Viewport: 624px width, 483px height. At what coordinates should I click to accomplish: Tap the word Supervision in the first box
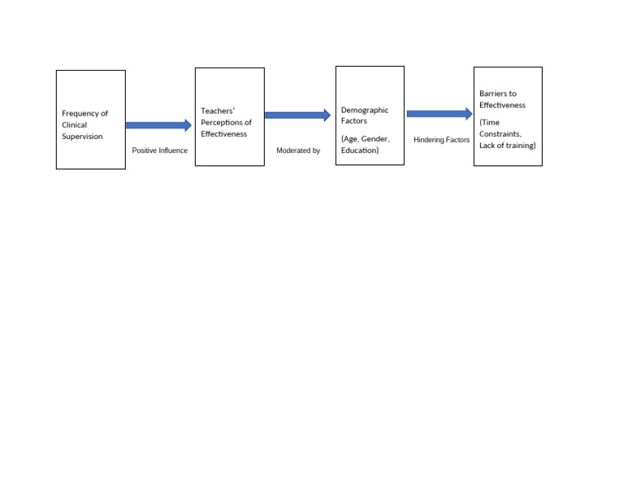coord(82,137)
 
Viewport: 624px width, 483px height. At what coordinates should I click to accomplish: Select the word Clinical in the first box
coord(74,125)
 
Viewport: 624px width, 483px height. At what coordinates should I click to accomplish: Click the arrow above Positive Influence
coord(158,125)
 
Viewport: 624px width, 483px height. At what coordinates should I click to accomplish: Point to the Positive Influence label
coord(159,150)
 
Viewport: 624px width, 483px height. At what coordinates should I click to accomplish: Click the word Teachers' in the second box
coord(217,111)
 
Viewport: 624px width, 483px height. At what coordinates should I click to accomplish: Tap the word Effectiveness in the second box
coord(223,134)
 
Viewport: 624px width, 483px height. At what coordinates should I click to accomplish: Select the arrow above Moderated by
coord(297,115)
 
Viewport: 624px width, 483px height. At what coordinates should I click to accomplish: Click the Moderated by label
coord(298,150)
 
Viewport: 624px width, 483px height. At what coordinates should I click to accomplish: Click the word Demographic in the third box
coord(364,110)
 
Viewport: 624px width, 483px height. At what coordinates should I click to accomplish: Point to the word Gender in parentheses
coord(375,139)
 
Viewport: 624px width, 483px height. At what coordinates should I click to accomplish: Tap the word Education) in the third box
coord(360,150)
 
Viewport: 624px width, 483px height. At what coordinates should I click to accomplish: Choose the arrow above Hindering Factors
coord(440,114)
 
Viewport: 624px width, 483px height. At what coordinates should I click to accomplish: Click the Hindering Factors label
coord(441,140)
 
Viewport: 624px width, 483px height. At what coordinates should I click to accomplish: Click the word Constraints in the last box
coord(500,134)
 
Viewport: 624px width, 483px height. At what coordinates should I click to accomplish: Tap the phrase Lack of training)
coord(507,146)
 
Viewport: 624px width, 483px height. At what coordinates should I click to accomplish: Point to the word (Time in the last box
coord(489,123)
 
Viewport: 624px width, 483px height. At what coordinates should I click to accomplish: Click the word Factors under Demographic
coord(354,121)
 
